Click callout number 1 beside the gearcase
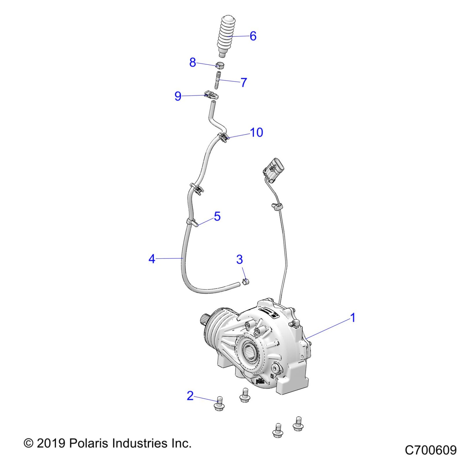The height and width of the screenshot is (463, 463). [x=353, y=318]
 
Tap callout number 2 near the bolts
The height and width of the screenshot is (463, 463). [x=190, y=395]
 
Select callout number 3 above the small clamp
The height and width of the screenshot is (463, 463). [x=239, y=259]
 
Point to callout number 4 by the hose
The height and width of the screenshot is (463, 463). [x=152, y=258]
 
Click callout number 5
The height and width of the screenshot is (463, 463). [x=217, y=216]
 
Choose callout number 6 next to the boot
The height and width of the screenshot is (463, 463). [x=253, y=36]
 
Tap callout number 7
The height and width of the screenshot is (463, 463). [x=244, y=82]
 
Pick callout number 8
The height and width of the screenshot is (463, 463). [x=193, y=62]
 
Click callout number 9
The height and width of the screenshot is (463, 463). [x=178, y=96]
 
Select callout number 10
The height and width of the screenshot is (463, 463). [x=256, y=132]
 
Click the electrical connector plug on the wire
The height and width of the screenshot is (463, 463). [x=273, y=169]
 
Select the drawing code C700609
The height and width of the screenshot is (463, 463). [x=431, y=450]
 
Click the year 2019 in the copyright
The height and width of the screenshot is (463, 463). [x=51, y=443]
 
